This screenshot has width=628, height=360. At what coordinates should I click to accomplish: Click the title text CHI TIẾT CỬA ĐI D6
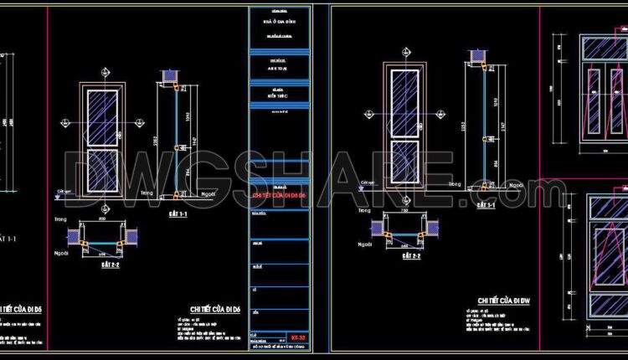[215, 308]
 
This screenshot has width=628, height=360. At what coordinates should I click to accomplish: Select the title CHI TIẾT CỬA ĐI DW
[504, 300]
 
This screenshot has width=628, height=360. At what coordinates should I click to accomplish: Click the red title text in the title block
[280, 195]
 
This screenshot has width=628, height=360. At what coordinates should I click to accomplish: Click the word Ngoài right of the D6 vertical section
[208, 193]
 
